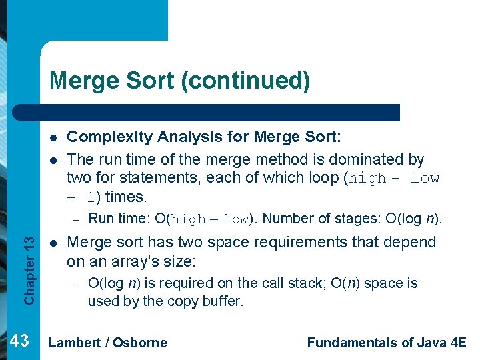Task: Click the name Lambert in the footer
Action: click(x=75, y=343)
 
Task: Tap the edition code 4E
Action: click(x=458, y=343)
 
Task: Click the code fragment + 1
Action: click(x=81, y=197)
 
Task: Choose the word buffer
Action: click(x=223, y=301)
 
